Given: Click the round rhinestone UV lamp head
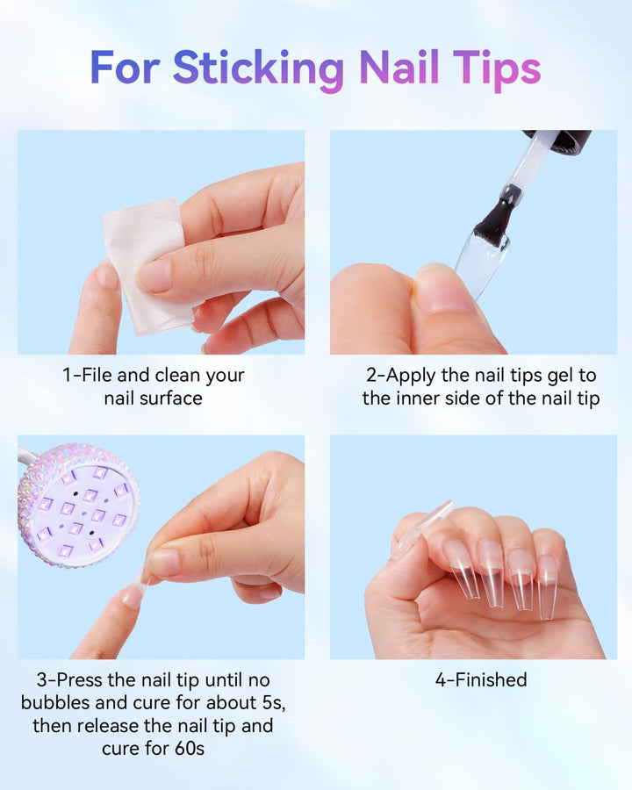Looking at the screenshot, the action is pyautogui.click(x=78, y=506).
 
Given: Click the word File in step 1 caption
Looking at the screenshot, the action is pyautogui.click(x=97, y=376).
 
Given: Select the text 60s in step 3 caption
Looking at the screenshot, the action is pyautogui.click(x=190, y=749).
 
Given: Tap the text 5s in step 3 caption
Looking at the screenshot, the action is pyautogui.click(x=272, y=703).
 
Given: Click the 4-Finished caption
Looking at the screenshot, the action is pyautogui.click(x=481, y=680).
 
